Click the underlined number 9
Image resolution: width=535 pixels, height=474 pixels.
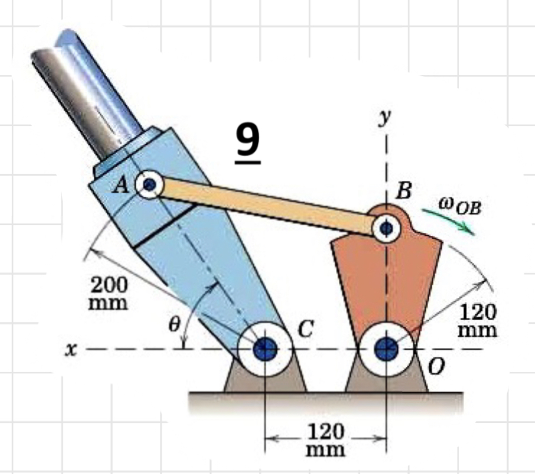[247, 142]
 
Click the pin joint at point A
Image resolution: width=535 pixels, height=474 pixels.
[149, 185]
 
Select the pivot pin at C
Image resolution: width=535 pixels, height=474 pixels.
[264, 349]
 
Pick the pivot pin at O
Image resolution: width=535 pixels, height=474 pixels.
[386, 349]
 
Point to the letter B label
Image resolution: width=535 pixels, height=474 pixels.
[403, 191]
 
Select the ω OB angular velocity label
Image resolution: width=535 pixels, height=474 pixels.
[459, 205]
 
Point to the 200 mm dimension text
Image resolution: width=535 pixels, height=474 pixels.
[108, 293]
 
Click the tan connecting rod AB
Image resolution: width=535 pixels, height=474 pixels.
[268, 206]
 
